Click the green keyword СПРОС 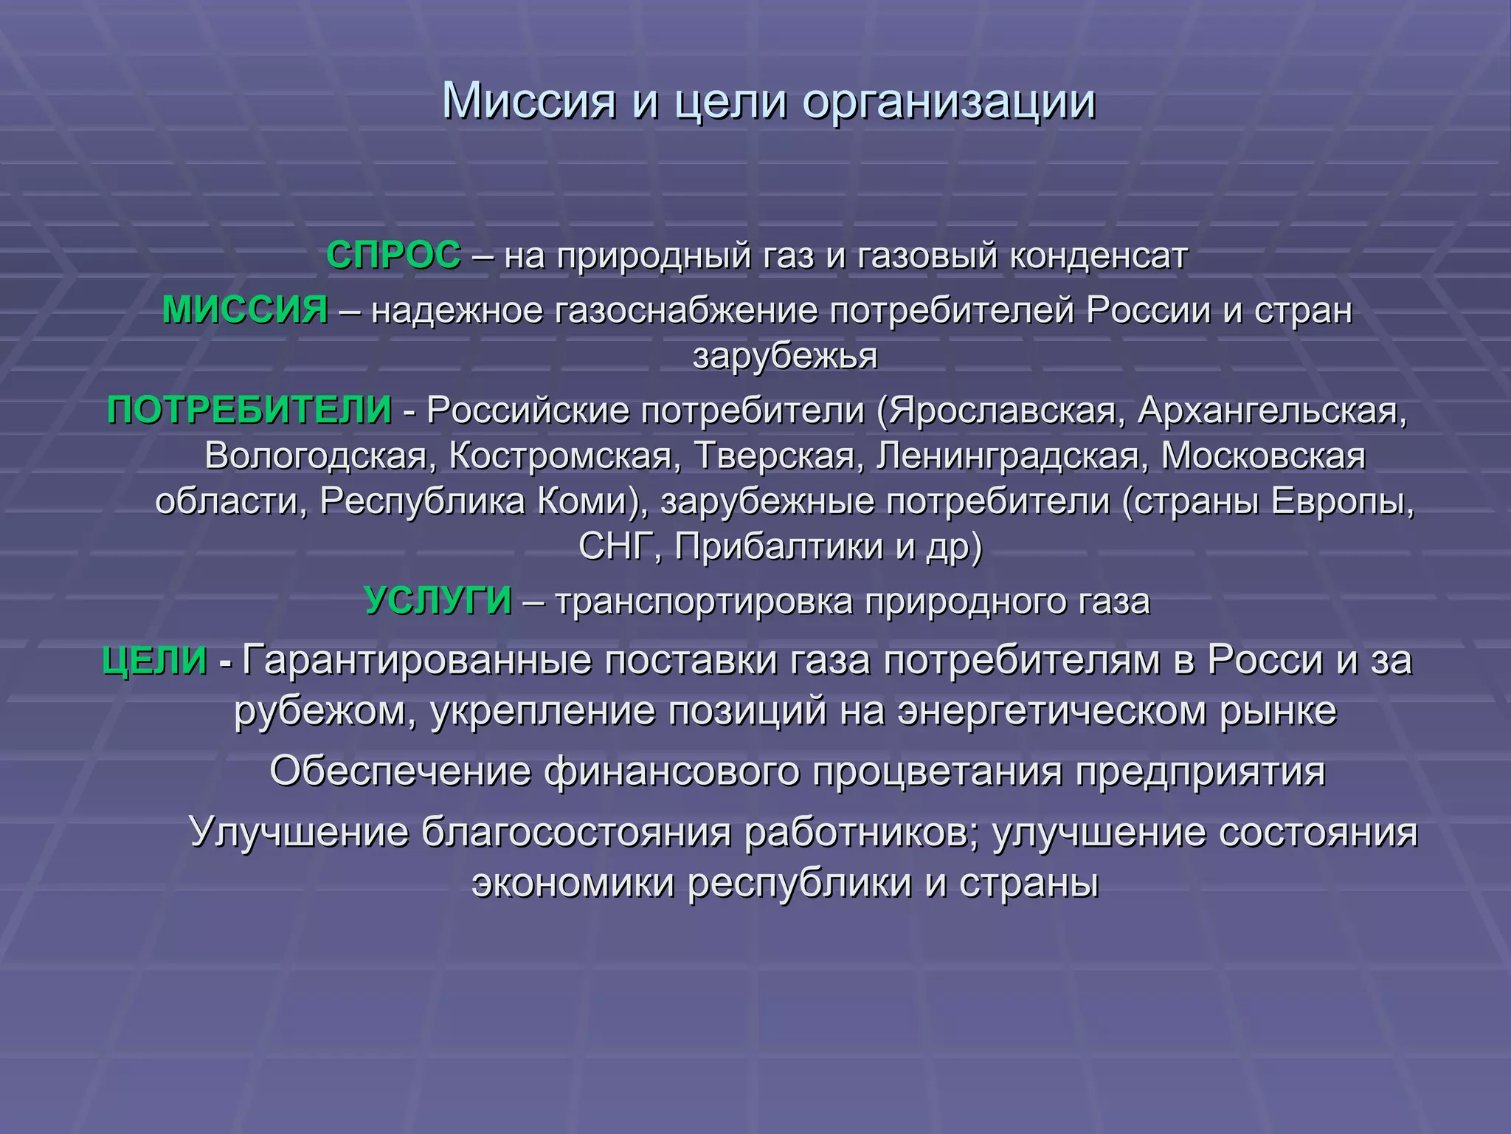click(393, 255)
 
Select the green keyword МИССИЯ click(245, 309)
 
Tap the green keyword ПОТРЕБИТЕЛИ click(249, 410)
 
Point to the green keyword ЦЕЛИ click(155, 659)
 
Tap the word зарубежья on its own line click(785, 356)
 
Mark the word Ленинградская click(1008, 456)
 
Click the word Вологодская click(316, 456)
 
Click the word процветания click(938, 772)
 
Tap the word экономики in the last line click(573, 882)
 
